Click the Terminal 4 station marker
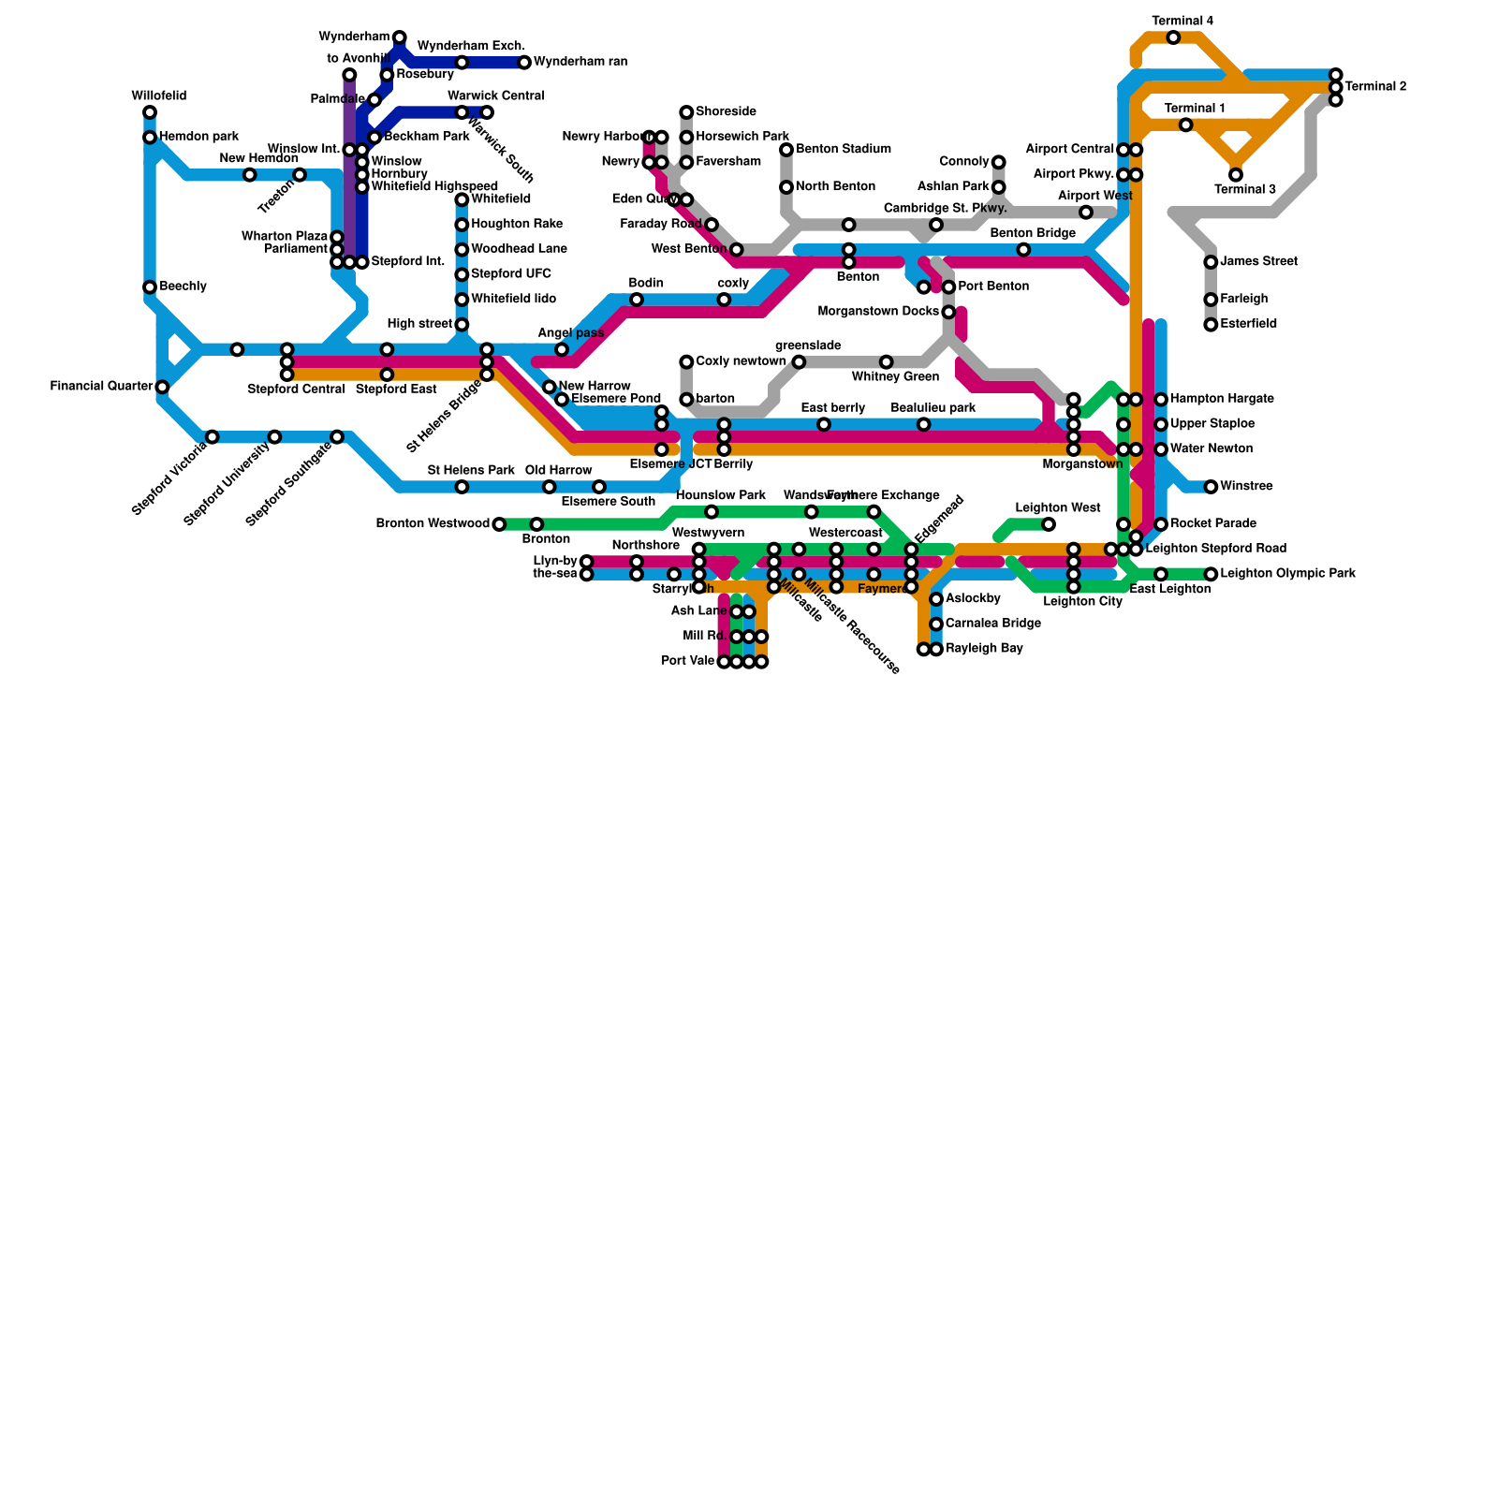(1173, 37)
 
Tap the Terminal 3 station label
(1245, 190)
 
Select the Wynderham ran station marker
(524, 63)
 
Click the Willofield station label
(158, 96)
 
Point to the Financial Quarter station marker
(162, 387)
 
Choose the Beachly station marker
(150, 287)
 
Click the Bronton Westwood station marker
(499, 524)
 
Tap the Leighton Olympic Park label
(1287, 574)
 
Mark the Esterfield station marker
(1211, 325)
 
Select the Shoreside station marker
(686, 112)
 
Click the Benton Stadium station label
(843, 150)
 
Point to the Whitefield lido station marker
(462, 300)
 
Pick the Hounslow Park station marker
(712, 512)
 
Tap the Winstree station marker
(1211, 487)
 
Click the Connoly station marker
(999, 162)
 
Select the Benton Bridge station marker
(1023, 250)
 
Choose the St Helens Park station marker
(462, 487)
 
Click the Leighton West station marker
(1049, 524)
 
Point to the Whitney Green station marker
(887, 362)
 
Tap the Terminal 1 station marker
(1186, 125)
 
